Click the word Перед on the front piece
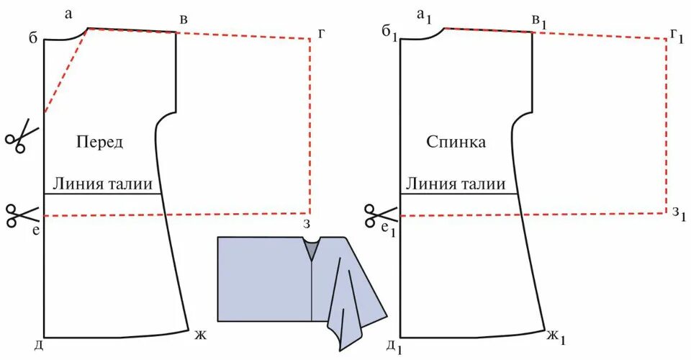[x=100, y=143]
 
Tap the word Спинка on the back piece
[x=456, y=143]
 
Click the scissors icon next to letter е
[x=22, y=214]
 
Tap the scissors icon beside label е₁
[x=379, y=214]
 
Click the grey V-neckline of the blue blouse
[x=311, y=249]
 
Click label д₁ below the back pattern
[x=392, y=347]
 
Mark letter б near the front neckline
[x=33, y=37]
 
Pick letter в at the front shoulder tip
[x=184, y=19]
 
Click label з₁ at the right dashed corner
[x=678, y=214]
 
